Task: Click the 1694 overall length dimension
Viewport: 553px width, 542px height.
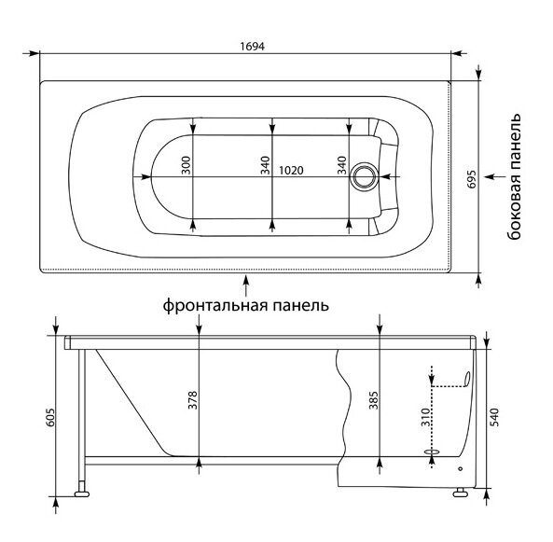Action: point(252,47)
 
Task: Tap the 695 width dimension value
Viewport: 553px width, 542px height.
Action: point(472,179)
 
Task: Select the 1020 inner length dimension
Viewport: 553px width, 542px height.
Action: point(291,171)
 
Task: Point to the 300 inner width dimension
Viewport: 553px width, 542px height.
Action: point(187,165)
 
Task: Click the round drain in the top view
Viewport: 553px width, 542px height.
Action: point(364,177)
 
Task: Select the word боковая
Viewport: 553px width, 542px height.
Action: point(515,209)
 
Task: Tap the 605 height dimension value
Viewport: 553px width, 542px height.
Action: point(50,418)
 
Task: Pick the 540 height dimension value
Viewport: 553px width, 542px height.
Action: point(495,417)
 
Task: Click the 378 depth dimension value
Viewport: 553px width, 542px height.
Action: point(193,400)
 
